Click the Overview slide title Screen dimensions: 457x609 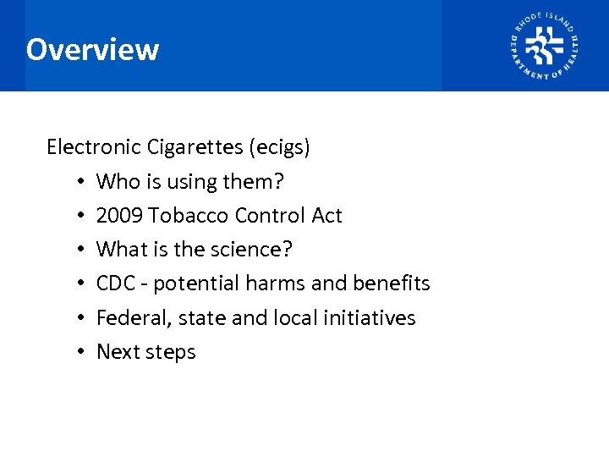[92, 50]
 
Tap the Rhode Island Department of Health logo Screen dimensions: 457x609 [544, 46]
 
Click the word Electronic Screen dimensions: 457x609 [94, 147]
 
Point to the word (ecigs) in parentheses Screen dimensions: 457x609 [279, 148]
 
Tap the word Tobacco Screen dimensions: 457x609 [189, 216]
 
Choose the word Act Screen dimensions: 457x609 [326, 216]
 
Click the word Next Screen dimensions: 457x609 [117, 352]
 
